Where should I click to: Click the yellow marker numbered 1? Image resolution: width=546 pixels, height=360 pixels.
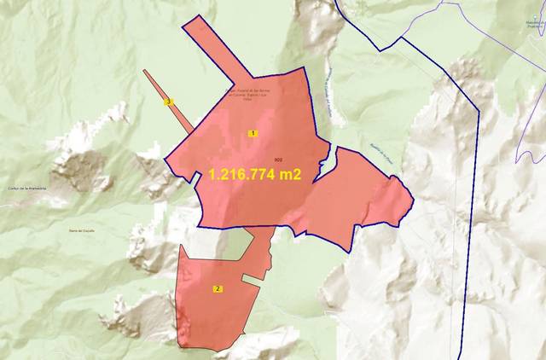(253, 133)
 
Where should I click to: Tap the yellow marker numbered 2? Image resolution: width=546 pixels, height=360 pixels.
(218, 289)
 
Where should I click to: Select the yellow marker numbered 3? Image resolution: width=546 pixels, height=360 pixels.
(169, 102)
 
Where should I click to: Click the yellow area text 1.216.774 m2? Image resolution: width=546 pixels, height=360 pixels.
(257, 173)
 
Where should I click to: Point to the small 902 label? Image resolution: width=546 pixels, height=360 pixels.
(279, 160)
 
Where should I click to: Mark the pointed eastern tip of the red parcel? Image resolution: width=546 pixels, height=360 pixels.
(413, 202)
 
